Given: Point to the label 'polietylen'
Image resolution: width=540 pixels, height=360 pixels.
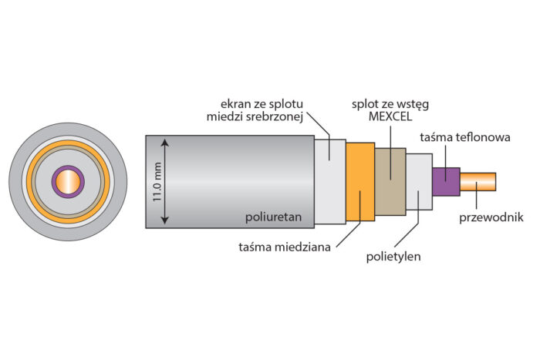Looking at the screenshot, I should [393, 257].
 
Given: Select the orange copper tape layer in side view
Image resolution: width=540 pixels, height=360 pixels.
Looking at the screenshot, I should [359, 182].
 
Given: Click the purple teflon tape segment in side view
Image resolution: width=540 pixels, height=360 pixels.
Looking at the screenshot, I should [446, 182].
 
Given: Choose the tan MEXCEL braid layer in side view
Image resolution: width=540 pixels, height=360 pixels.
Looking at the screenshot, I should [390, 182].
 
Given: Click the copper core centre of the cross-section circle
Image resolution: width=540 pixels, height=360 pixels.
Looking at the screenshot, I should [67, 182].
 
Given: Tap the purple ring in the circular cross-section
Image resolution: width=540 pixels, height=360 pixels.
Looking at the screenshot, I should [54, 182].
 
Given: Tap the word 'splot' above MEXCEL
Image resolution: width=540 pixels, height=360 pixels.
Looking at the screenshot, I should [365, 102].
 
